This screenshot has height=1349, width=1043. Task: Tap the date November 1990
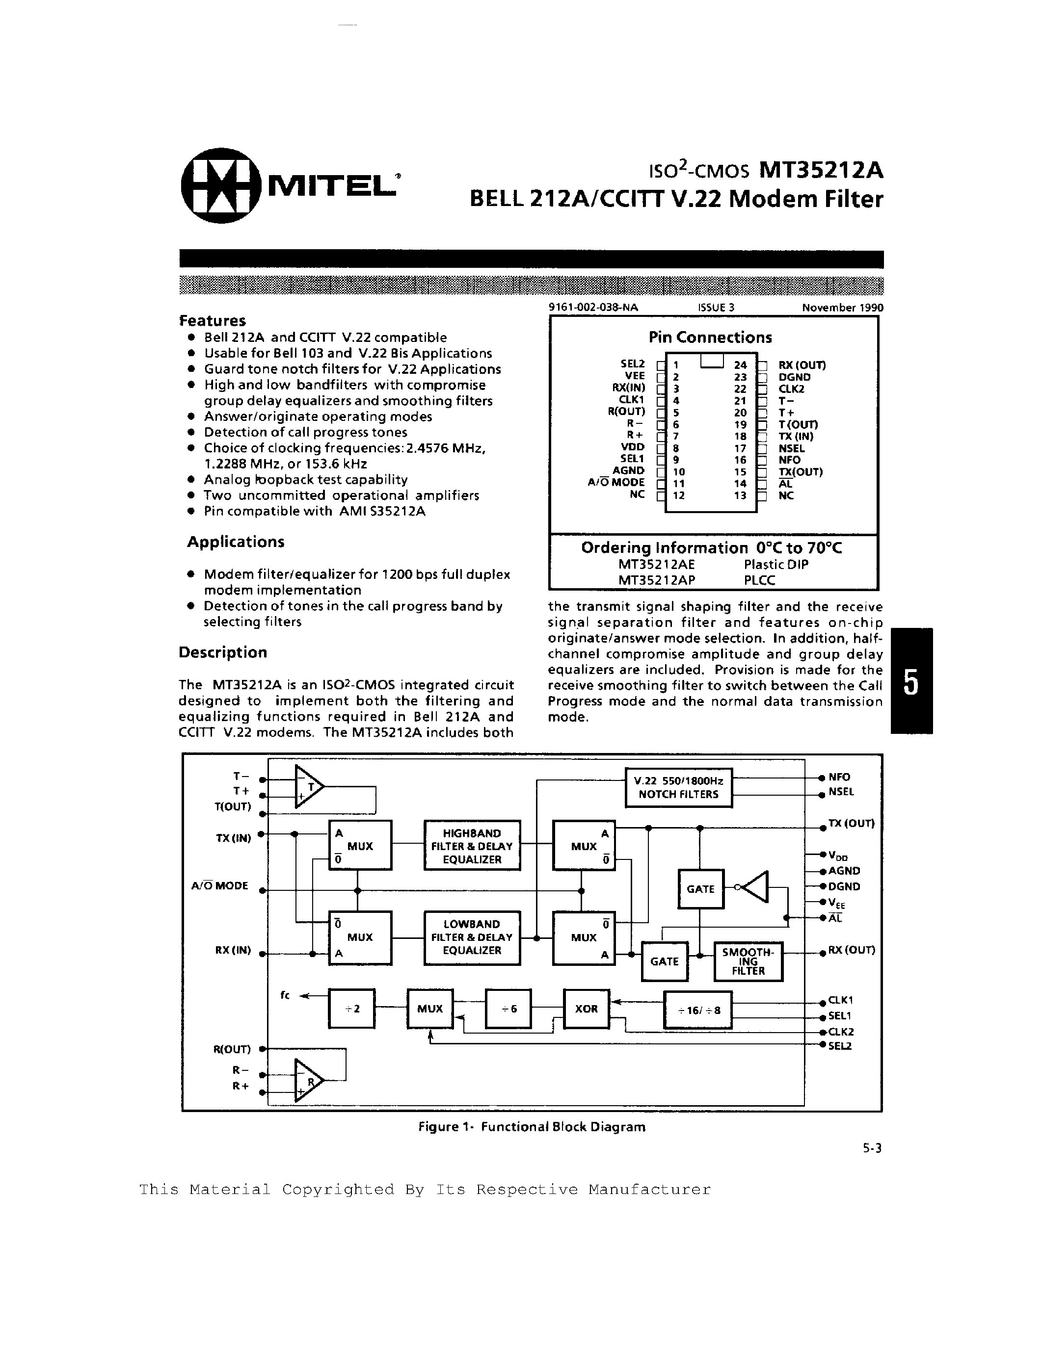[x=842, y=308]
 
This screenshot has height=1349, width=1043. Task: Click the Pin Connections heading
[x=710, y=337]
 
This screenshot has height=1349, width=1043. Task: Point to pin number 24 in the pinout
[x=740, y=365]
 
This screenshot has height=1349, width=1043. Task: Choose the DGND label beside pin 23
[x=794, y=377]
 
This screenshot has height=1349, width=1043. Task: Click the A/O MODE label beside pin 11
[x=616, y=482]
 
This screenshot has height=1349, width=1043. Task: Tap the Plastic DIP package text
[x=776, y=564]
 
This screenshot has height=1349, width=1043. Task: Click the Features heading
[x=212, y=321]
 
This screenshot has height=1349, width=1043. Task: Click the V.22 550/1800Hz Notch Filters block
[x=678, y=787]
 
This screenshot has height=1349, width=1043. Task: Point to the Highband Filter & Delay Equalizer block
[x=472, y=846]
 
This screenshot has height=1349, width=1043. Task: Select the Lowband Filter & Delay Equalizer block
[x=472, y=937]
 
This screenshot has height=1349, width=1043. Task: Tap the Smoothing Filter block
[x=748, y=961]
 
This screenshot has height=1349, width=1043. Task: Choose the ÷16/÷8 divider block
[x=697, y=1011]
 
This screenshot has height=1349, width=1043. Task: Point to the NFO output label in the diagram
[x=839, y=777]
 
